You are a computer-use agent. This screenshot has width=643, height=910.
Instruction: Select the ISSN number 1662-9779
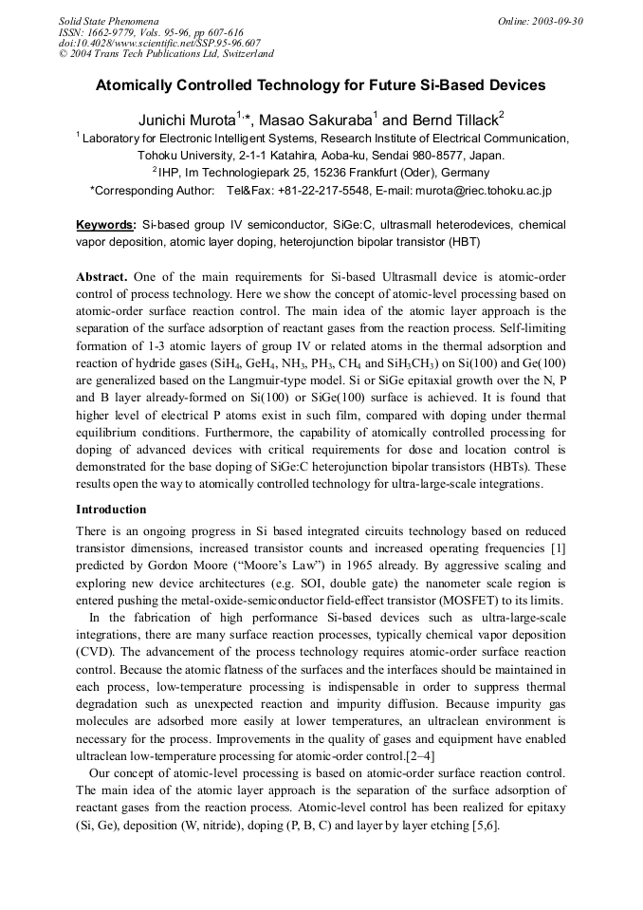tap(106, 31)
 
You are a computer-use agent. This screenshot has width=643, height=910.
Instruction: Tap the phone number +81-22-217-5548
tap(301, 191)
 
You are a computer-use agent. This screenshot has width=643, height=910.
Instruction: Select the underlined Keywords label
tap(105, 225)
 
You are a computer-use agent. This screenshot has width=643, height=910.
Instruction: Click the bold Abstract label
tap(101, 276)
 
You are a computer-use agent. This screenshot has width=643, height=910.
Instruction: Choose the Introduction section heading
tap(112, 510)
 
